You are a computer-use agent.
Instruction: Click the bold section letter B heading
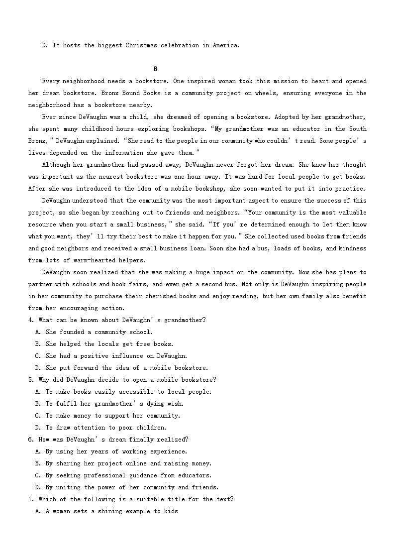[155, 69]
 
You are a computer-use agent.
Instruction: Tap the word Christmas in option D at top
[143, 45]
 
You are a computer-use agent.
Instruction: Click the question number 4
[31, 320]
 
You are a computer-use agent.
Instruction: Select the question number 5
[31, 380]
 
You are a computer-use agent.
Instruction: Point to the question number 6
[31, 440]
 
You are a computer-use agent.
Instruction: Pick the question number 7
[31, 499]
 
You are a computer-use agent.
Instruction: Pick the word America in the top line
[226, 45]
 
